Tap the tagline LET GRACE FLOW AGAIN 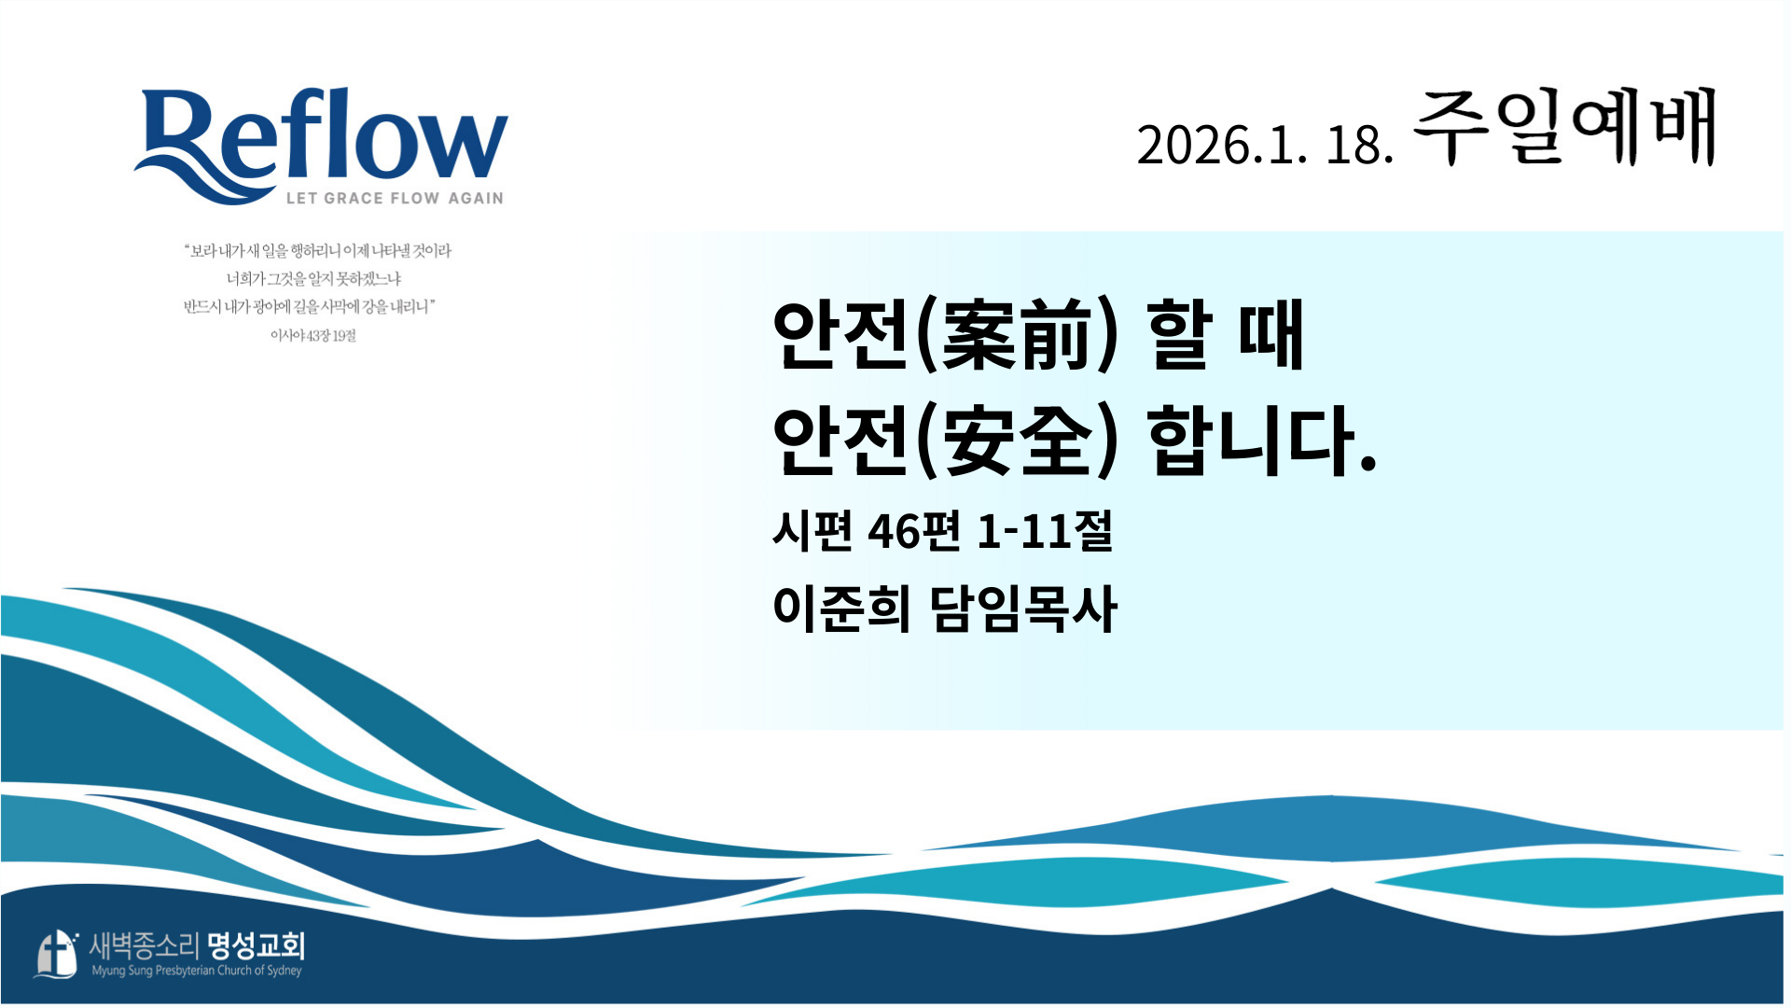click(395, 198)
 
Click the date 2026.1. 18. click(1265, 146)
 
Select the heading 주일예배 click(1564, 127)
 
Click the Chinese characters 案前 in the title click(1018, 335)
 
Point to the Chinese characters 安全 click(1018, 440)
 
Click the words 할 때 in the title click(1225, 335)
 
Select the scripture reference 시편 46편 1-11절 click(943, 530)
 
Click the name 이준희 click(841, 609)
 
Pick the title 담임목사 click(1023, 609)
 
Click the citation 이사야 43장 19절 click(313, 335)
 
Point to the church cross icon click(57, 954)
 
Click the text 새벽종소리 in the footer click(145, 946)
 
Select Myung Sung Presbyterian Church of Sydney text click(197, 971)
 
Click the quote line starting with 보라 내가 click(318, 250)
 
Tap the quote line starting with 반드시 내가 click(310, 306)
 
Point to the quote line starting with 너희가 click(313, 278)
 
